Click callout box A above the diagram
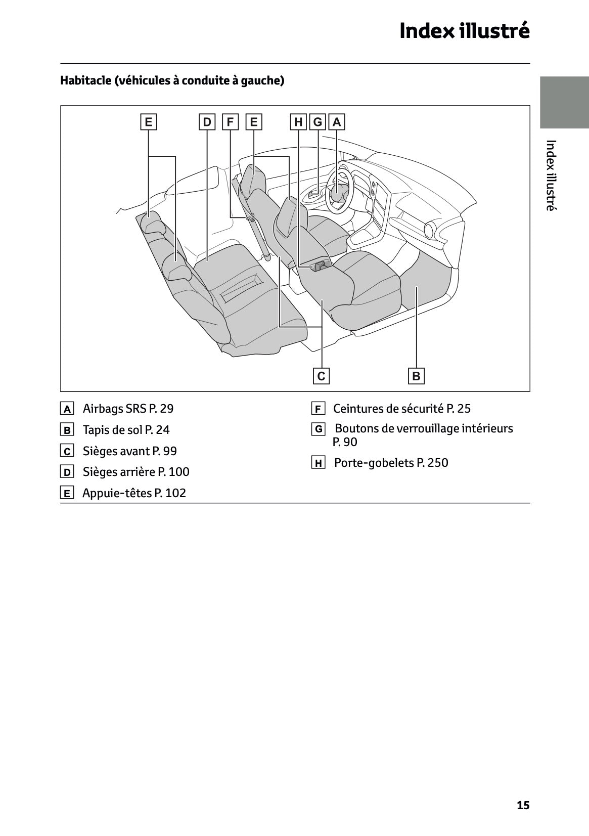[x=337, y=122]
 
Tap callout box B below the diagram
[x=416, y=376]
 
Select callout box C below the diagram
[x=321, y=376]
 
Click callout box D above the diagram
[x=207, y=122]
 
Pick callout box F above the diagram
[x=230, y=122]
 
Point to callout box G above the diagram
[x=318, y=122]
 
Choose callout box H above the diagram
[x=298, y=122]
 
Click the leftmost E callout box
[x=148, y=122]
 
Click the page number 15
[x=523, y=805]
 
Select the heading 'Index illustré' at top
[x=464, y=31]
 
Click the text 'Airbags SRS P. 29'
[x=128, y=408]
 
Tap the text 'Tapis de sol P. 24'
[x=126, y=430]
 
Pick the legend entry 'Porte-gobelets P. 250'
[x=391, y=463]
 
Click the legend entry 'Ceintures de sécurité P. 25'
[x=401, y=408]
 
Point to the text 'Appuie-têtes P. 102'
[x=134, y=493]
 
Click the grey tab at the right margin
[x=564, y=103]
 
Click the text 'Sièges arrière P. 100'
[x=136, y=472]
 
